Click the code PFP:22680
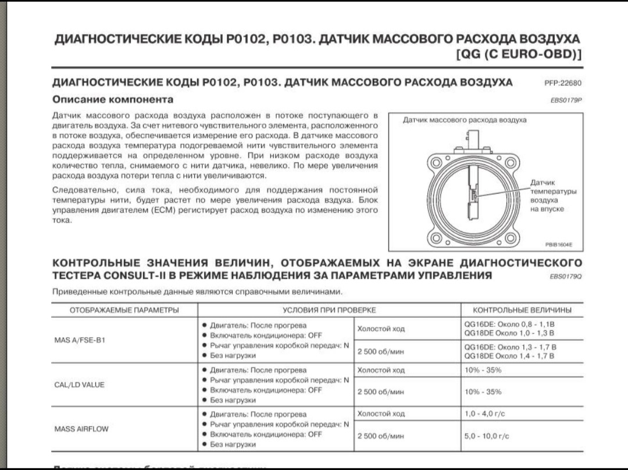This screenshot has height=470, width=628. click(563, 83)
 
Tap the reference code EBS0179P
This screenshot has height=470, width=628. click(566, 100)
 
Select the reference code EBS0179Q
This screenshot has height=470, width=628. click(566, 276)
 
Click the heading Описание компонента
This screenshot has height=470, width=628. click(113, 99)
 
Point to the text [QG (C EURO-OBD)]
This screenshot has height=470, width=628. click(519, 55)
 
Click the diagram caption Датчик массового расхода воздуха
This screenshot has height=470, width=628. click(465, 120)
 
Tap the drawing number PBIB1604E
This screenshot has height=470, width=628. click(559, 245)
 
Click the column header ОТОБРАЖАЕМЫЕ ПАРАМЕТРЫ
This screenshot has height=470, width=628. click(124, 309)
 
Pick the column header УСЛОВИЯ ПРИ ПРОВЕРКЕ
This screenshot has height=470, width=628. click(329, 309)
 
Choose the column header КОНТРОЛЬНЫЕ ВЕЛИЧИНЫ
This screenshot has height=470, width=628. click(522, 309)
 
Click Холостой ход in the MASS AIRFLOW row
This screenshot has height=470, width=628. click(381, 414)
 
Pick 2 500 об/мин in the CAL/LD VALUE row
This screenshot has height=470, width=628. click(380, 391)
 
